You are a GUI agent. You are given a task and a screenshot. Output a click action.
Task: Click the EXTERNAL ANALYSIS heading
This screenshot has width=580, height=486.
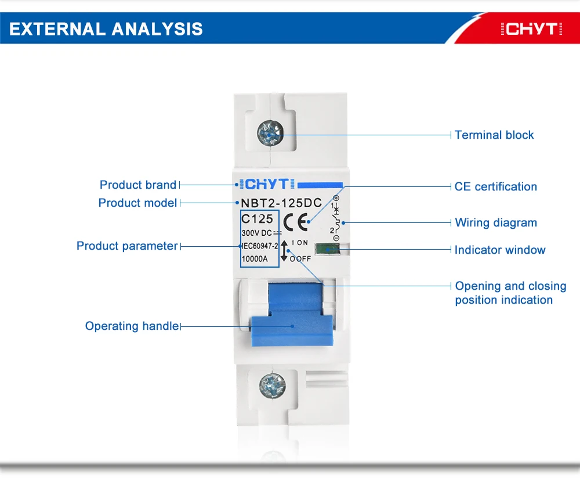[x=106, y=29]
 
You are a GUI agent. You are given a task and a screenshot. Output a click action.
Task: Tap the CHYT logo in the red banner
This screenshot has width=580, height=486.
[x=531, y=29]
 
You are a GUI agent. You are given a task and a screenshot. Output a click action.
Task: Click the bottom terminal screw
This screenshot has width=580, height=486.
[x=270, y=384]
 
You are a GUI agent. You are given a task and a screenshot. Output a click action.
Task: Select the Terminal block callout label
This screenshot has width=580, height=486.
[x=494, y=135]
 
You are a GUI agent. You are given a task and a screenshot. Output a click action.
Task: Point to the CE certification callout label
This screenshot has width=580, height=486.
[x=496, y=186]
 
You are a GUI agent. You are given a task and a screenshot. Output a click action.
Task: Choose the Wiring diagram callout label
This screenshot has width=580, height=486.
[x=496, y=222]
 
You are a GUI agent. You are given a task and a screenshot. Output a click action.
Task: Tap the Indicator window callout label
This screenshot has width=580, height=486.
[x=500, y=250]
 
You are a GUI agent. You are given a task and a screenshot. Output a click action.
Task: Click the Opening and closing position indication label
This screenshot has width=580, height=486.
[x=510, y=293]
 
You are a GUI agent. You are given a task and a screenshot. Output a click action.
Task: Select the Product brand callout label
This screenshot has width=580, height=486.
[x=138, y=185]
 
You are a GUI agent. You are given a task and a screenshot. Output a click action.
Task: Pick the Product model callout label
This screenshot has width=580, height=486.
[x=137, y=203]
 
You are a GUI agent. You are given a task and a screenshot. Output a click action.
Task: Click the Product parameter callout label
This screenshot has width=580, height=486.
[x=127, y=246]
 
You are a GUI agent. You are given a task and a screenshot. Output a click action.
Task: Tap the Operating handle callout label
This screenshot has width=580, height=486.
[x=132, y=326]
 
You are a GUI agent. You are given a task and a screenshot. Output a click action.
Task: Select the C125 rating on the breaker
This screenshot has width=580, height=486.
[x=257, y=219]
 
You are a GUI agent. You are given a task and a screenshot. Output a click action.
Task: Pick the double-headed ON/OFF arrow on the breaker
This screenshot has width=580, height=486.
[x=284, y=250]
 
